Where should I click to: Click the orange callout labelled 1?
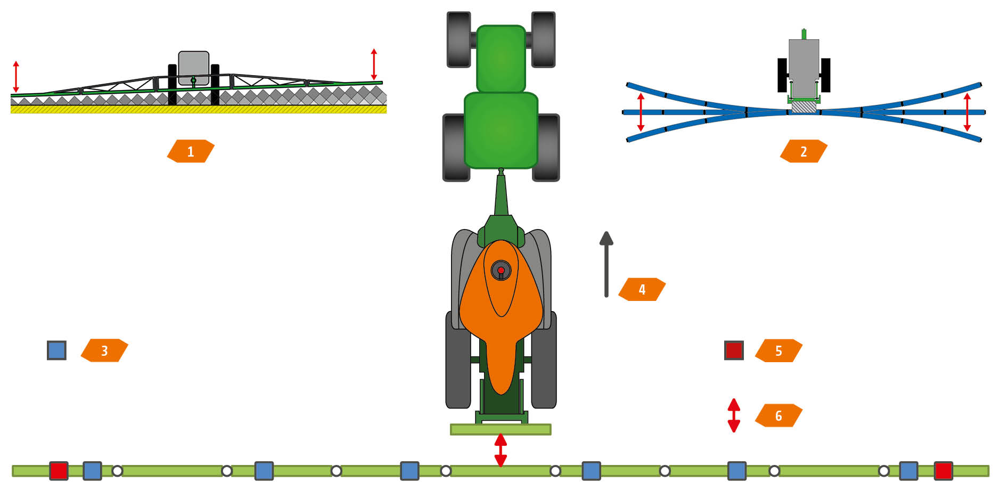tap(191, 151)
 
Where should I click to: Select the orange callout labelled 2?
tap(804, 151)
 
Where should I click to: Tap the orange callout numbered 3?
tap(104, 350)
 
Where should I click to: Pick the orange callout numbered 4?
tap(642, 289)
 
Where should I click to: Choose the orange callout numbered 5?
tap(778, 350)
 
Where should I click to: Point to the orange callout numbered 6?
tap(778, 415)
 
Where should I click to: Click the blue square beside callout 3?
tap(56, 350)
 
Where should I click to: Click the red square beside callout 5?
tap(734, 350)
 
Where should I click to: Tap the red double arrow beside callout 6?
tap(734, 415)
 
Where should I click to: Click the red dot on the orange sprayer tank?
tap(501, 270)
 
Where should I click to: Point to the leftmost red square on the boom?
tap(59, 471)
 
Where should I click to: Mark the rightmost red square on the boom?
tap(943, 471)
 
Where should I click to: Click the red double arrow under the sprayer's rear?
tap(501, 450)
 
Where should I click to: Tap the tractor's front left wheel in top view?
tap(458, 39)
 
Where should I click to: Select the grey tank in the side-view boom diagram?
tap(193, 67)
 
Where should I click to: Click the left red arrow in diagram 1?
tap(16, 77)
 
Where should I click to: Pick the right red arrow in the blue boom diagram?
tap(967, 112)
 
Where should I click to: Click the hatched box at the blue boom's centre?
tap(804, 107)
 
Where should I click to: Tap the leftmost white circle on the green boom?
tap(117, 471)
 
